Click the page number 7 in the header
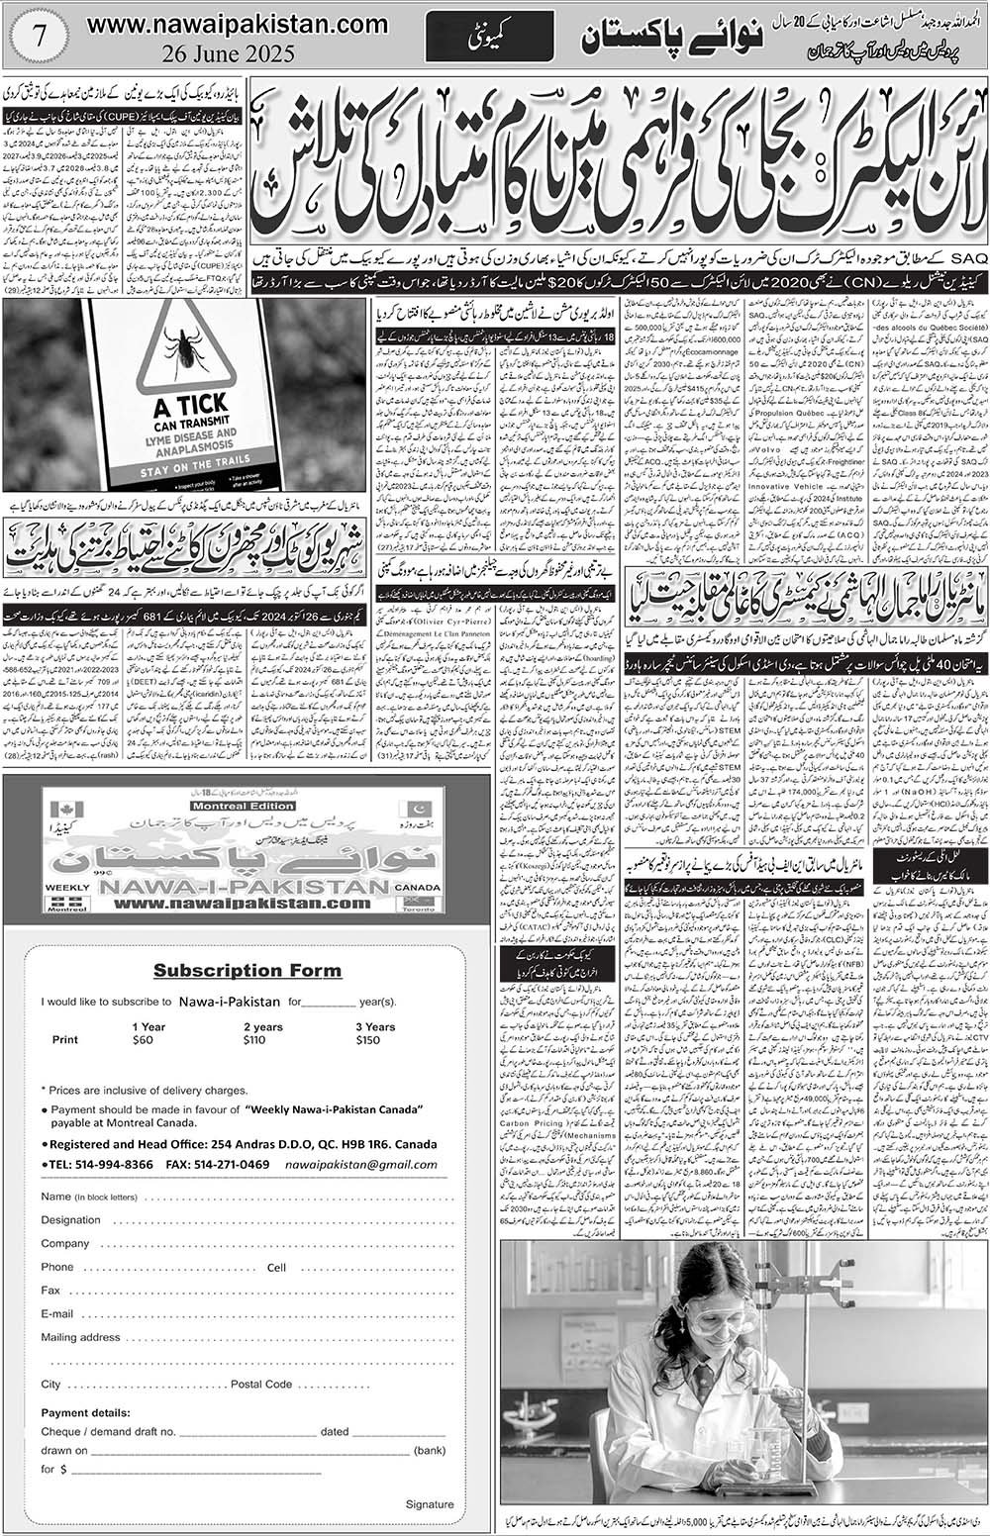coord(39,44)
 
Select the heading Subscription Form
coord(247,970)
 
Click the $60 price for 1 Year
coord(143,1040)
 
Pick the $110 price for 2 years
coord(254,1040)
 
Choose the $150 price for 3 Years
coord(367,1040)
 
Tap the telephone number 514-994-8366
coord(113,1165)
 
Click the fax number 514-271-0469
coord(234,1165)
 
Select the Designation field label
coord(71,1220)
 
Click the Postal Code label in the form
coord(261,1384)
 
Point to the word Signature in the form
coord(430,1504)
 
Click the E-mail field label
coord(57,1314)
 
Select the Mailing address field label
coord(80,1337)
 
